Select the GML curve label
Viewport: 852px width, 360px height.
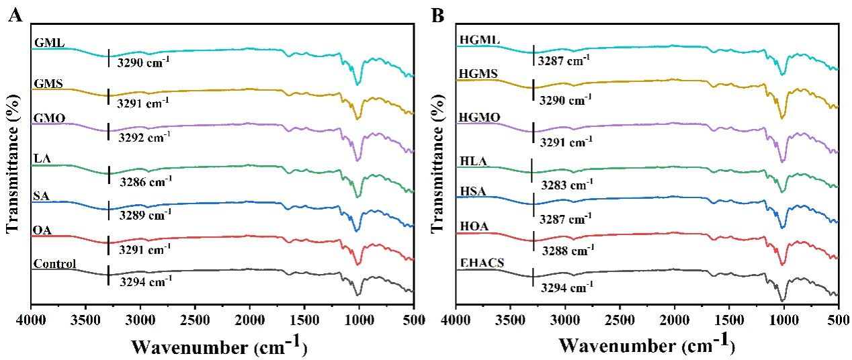47,44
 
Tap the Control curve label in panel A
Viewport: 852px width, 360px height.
54,263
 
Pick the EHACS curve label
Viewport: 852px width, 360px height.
479,263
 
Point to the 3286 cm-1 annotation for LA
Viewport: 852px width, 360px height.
146,181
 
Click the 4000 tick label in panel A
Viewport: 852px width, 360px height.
31,320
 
